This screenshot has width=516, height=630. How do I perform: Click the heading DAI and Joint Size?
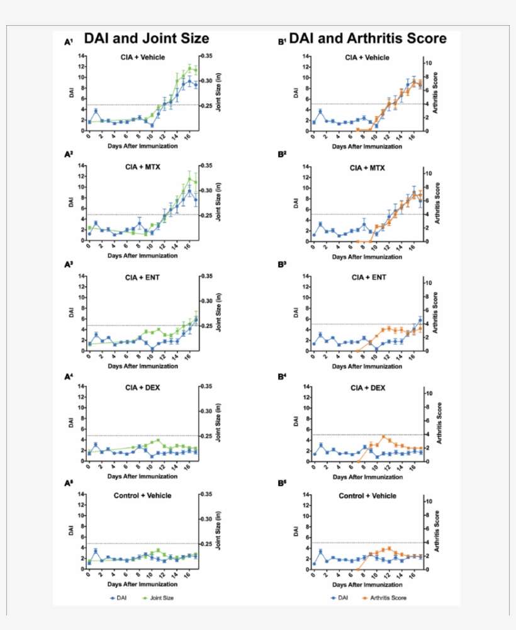click(x=147, y=39)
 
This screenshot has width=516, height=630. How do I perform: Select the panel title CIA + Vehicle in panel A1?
click(x=143, y=57)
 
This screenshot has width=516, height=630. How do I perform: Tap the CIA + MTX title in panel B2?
click(x=367, y=168)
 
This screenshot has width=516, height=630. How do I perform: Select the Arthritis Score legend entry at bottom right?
click(x=386, y=597)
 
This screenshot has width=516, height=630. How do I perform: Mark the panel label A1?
click(x=69, y=42)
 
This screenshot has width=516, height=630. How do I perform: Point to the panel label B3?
click(x=282, y=264)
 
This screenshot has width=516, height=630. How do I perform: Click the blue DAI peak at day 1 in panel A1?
click(x=96, y=111)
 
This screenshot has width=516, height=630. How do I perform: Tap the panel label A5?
click(x=69, y=483)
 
